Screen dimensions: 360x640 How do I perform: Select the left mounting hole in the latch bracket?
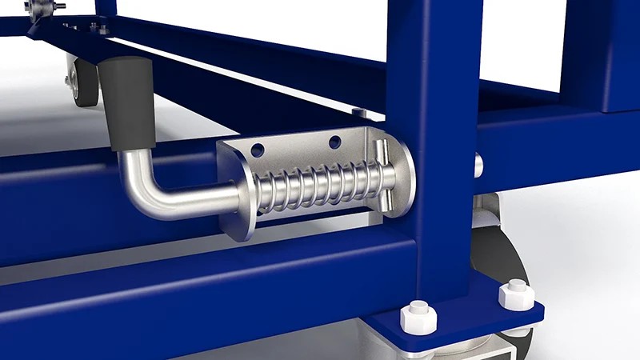coord(258,150)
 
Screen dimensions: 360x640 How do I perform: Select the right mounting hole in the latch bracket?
coord(334,142)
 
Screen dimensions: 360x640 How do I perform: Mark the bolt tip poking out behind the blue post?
coord(478,166)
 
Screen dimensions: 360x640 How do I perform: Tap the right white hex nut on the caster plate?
coord(516,295)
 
